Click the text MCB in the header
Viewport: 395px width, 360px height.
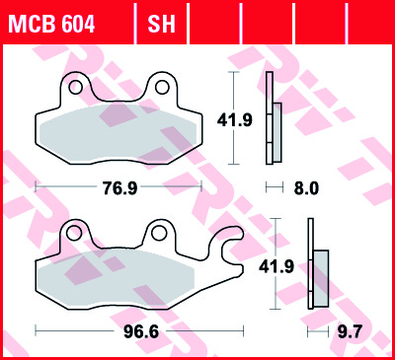click(x=31, y=21)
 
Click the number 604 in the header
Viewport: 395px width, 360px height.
click(x=78, y=21)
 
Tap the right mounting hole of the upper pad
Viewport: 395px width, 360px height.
click(x=157, y=87)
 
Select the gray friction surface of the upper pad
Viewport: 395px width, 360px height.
click(x=115, y=131)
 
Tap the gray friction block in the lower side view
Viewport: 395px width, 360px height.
click(x=321, y=276)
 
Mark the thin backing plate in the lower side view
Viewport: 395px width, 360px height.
click(x=310, y=276)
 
